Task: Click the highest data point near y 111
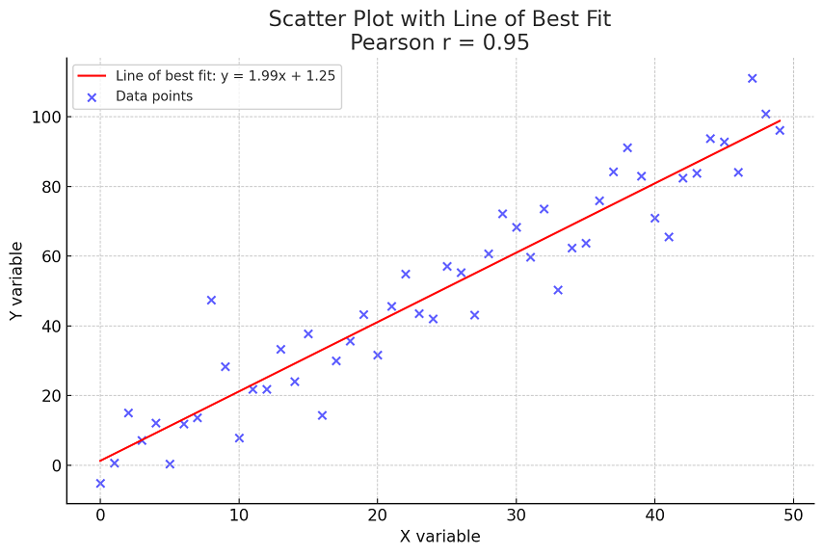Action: (752, 78)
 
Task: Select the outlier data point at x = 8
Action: (211, 300)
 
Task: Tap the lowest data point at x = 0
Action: (100, 483)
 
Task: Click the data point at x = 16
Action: (322, 415)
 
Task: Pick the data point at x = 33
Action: (558, 290)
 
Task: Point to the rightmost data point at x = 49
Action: (780, 130)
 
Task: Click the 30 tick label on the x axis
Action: (517, 515)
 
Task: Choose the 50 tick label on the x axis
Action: (793, 515)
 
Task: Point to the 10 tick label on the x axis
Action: (239, 515)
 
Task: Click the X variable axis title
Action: (439, 537)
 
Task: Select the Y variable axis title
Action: (17, 280)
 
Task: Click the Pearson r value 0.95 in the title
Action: (508, 42)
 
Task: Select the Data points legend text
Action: (154, 95)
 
